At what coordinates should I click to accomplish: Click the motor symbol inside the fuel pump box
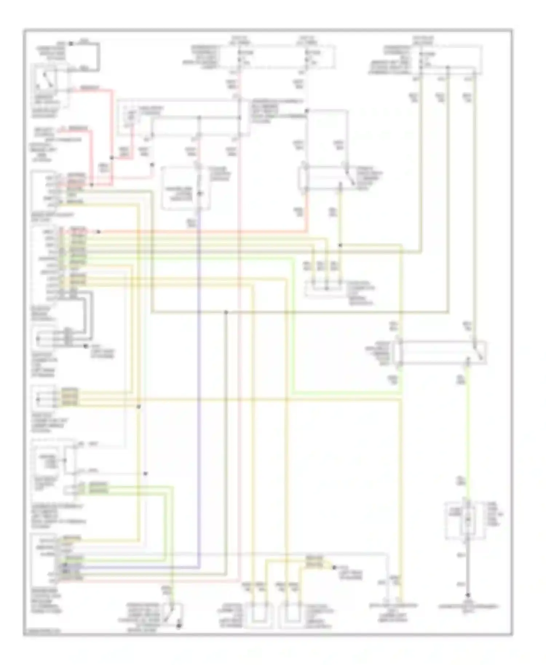[468, 519]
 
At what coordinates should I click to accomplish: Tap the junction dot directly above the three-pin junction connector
[340, 246]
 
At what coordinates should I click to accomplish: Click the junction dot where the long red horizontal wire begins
[99, 232]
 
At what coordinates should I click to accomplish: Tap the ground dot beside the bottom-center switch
[179, 626]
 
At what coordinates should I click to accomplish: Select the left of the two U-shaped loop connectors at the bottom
[258, 615]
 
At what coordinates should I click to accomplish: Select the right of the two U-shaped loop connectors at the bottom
[291, 615]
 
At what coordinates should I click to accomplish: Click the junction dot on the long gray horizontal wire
[226, 312]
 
